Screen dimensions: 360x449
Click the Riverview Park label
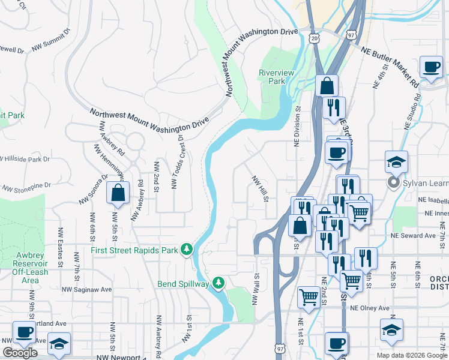276,76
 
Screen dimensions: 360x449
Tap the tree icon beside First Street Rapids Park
187,249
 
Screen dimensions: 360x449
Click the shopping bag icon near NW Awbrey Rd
118,193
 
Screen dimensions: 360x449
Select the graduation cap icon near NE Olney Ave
391,329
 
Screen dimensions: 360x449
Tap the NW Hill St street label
259,188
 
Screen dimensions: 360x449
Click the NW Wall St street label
255,288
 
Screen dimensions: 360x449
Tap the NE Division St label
297,126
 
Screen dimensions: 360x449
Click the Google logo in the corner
20,353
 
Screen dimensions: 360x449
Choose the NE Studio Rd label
412,113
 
